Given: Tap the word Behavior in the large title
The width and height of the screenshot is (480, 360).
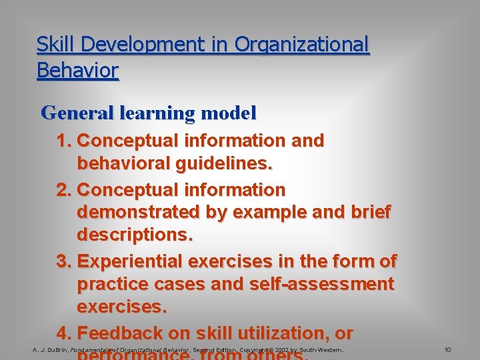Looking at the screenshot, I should [77, 70].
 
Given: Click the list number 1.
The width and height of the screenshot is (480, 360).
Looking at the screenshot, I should [64, 141].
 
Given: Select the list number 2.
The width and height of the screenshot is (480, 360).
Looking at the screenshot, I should [64, 190].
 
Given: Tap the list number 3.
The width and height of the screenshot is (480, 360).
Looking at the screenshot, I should [64, 261].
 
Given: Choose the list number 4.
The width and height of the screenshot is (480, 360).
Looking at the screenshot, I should [64, 333].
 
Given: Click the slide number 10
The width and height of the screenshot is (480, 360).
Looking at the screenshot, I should [447, 349].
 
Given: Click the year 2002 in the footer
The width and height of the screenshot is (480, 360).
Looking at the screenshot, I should [280, 349].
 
